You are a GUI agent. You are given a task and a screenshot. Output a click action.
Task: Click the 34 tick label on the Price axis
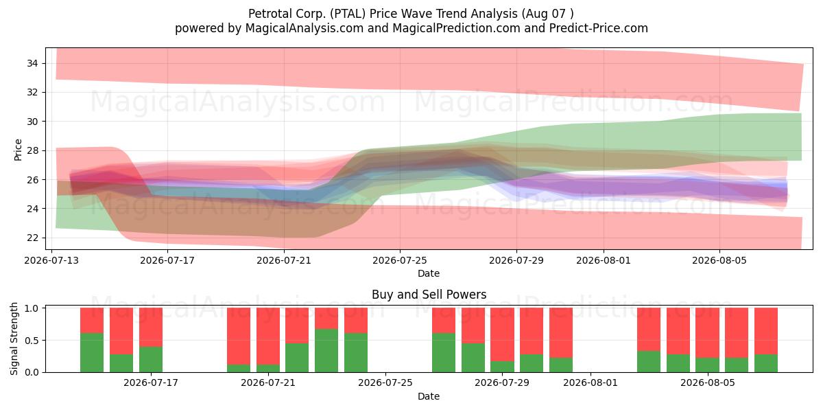[x=32, y=63]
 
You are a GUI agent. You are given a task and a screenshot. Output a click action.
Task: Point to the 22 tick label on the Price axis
[x=32, y=238]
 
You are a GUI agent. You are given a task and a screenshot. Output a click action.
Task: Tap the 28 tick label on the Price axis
[x=32, y=150]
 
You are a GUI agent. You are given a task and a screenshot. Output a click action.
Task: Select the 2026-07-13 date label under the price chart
[x=51, y=260]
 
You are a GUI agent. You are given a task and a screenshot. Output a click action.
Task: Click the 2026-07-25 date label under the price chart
[x=400, y=260]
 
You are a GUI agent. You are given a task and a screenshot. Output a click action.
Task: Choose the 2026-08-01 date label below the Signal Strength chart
[x=591, y=383]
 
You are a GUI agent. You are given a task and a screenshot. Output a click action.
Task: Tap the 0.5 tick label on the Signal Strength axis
[x=32, y=341]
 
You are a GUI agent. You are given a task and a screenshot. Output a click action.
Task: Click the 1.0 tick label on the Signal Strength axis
[x=32, y=308]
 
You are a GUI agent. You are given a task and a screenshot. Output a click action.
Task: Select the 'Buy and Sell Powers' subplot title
[x=429, y=295]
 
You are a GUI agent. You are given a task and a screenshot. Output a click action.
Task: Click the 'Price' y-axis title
[x=18, y=150]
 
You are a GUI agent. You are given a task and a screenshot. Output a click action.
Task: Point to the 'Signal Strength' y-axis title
[x=14, y=339]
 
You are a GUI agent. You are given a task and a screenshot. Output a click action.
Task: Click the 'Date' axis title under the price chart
[x=429, y=273]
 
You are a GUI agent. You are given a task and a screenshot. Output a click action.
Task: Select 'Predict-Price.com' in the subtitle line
[x=599, y=28]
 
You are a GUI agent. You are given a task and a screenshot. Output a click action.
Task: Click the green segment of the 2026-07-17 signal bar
[x=151, y=359]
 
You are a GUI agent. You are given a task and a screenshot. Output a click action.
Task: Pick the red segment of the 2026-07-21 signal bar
[x=268, y=336]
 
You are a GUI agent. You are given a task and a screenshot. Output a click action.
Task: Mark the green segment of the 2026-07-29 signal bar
[x=502, y=367]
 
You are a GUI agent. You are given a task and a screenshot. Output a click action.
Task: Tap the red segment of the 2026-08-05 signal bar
[x=707, y=333]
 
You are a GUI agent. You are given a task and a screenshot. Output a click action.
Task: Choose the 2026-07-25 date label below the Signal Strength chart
[x=385, y=383]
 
